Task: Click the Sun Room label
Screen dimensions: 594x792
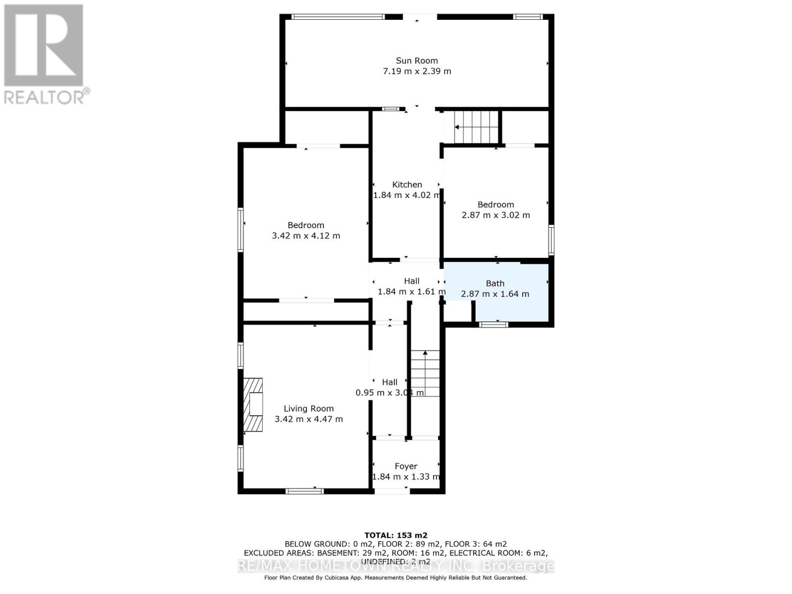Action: tap(416, 60)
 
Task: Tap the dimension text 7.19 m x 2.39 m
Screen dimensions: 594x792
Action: tap(416, 71)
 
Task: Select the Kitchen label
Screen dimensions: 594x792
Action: tap(407, 185)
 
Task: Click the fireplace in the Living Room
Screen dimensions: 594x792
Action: tap(253, 404)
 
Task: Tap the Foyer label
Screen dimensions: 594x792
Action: tap(405, 466)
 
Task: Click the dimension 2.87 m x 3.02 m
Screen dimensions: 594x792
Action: tap(495, 215)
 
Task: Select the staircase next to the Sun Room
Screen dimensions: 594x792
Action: tap(475, 127)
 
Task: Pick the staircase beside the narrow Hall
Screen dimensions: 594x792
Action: tap(425, 374)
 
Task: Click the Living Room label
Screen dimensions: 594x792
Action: tap(308, 409)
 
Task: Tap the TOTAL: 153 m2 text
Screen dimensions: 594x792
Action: tap(396, 535)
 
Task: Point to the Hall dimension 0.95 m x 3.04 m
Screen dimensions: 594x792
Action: tap(390, 393)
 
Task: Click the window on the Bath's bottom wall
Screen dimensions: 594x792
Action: tap(494, 324)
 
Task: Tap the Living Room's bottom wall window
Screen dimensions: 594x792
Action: tap(304, 491)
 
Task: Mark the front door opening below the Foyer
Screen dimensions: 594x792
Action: tap(391, 491)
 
